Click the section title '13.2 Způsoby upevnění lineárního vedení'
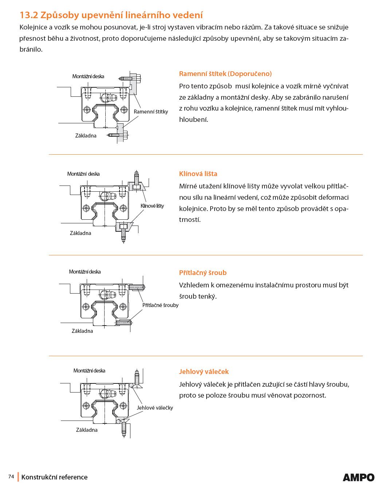[x=111, y=15]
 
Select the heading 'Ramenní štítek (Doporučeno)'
[x=225, y=74]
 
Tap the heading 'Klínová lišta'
[x=198, y=174]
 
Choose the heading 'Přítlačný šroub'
[x=203, y=273]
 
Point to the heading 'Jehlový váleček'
[x=204, y=372]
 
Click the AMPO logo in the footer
[x=358, y=477]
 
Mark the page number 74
[x=11, y=477]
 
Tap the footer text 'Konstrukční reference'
[x=54, y=477]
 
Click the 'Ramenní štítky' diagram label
[x=151, y=112]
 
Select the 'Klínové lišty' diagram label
[x=152, y=206]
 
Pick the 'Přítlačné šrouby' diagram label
[x=160, y=305]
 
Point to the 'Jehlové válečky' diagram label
[x=155, y=408]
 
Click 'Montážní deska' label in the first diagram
[x=88, y=76]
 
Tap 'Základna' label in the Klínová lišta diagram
[x=80, y=233]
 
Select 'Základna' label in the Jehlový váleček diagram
[x=87, y=430]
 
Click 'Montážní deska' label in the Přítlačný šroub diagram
[x=85, y=272]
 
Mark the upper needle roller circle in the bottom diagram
[x=131, y=385]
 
